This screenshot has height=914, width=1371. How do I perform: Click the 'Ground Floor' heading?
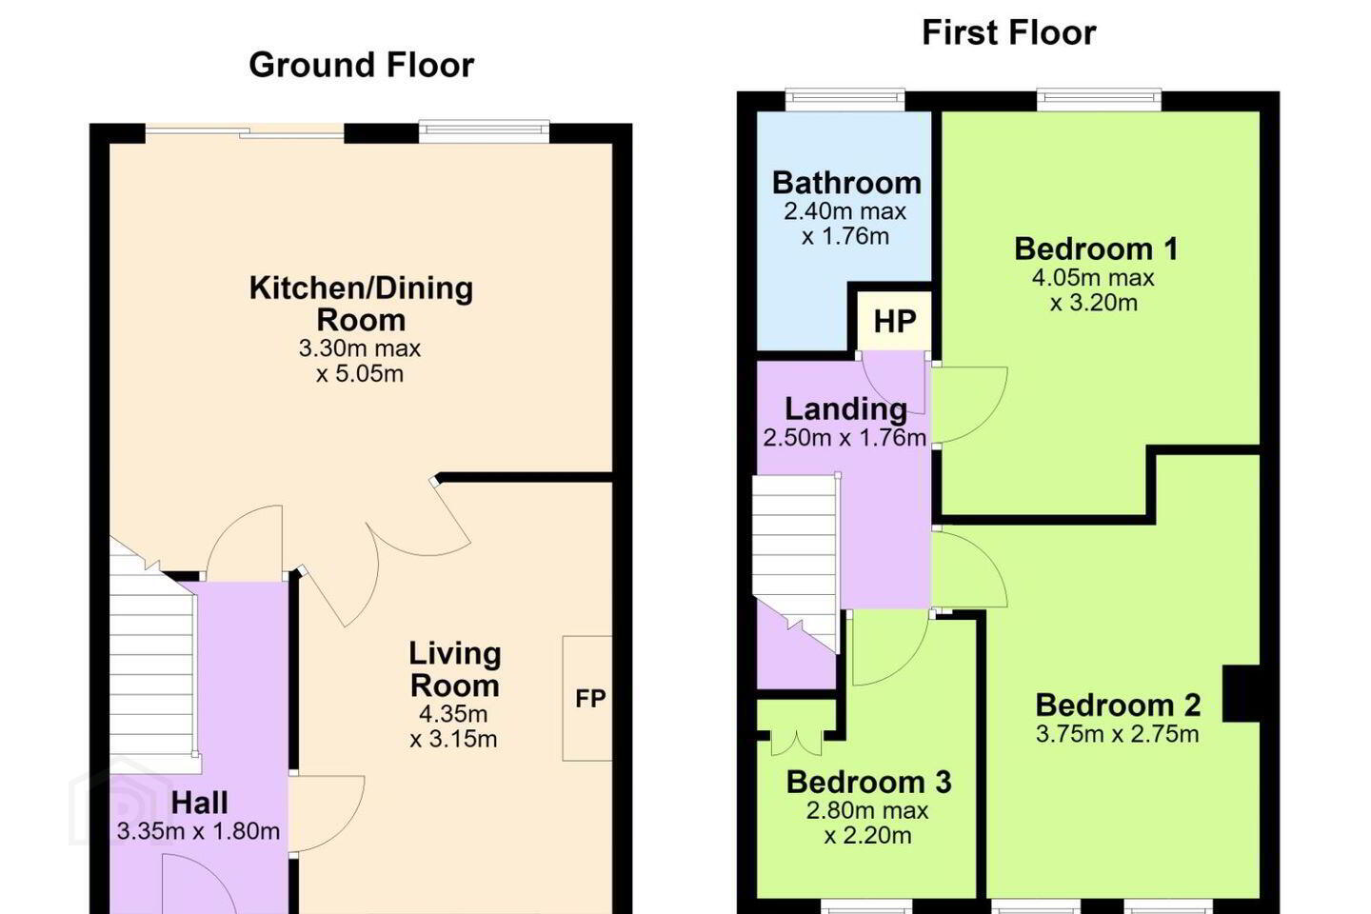361,65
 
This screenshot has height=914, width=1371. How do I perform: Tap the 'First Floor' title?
1008,32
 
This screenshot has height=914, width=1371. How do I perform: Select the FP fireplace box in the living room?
587,698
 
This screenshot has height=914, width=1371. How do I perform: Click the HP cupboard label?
895,322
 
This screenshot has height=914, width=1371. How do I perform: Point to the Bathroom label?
846,183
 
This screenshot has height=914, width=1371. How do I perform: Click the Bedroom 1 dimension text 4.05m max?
1093,278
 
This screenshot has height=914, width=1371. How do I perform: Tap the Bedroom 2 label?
1118,705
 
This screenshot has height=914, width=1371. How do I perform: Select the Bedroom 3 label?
868,782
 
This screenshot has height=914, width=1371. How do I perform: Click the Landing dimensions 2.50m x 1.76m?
844,438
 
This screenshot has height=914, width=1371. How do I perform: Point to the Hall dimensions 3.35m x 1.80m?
198,831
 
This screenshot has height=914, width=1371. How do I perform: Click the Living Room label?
455,669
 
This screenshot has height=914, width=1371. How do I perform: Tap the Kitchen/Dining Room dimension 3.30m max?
360,348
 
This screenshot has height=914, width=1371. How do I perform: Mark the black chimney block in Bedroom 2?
1242,694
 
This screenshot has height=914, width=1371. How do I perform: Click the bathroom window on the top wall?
844,100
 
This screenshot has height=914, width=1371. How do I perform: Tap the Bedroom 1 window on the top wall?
1099,100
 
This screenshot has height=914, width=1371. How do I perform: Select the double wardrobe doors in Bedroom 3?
796,742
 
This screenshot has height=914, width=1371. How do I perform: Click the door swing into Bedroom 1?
969,404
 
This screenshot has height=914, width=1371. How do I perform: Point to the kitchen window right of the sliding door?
484,133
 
